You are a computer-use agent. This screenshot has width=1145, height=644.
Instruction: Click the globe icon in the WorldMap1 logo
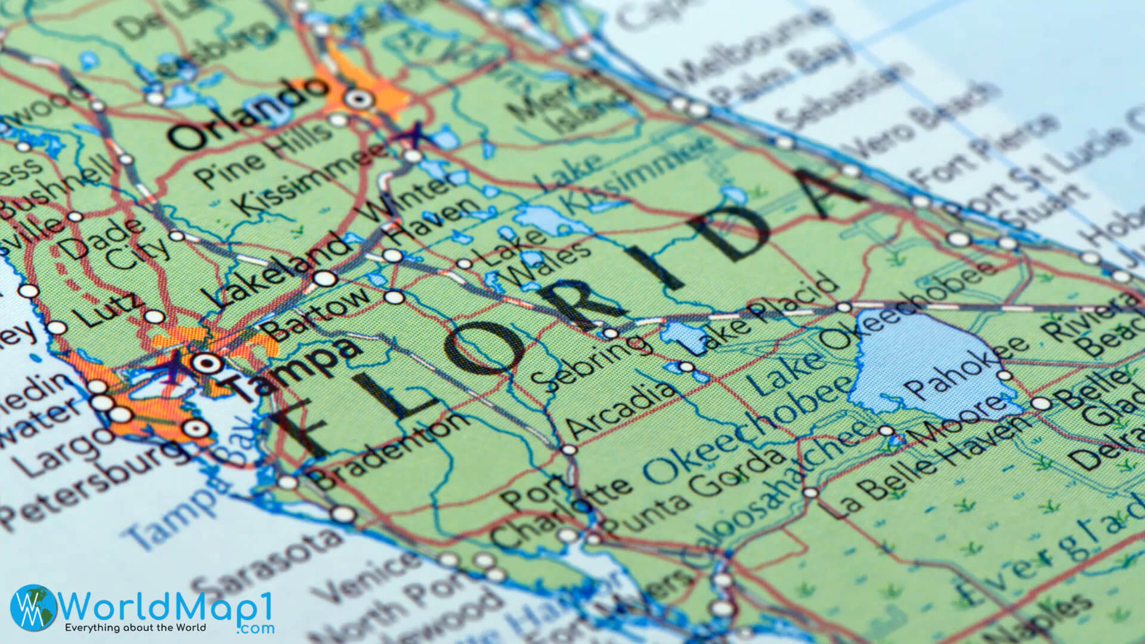tap(35, 608)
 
